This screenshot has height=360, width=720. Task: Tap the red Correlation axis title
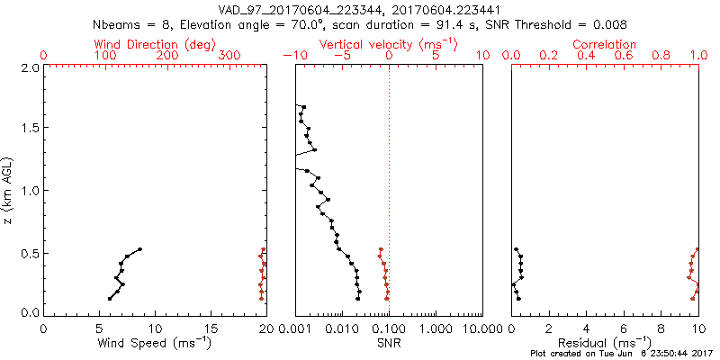pyautogui.click(x=605, y=44)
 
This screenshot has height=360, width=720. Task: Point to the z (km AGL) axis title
pyautogui.click(x=9, y=190)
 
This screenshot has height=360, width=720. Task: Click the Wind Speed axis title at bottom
pyautogui.click(x=154, y=343)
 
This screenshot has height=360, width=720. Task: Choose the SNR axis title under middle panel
pyautogui.click(x=389, y=343)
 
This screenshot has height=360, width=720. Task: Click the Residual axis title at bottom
pyautogui.click(x=605, y=343)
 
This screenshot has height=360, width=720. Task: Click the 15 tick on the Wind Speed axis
pyautogui.click(x=211, y=328)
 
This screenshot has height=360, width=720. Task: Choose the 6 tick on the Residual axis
pyautogui.click(x=624, y=328)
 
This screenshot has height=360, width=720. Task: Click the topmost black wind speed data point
pyautogui.click(x=139, y=249)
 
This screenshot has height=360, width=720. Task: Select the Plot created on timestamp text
pyautogui.click(x=620, y=355)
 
